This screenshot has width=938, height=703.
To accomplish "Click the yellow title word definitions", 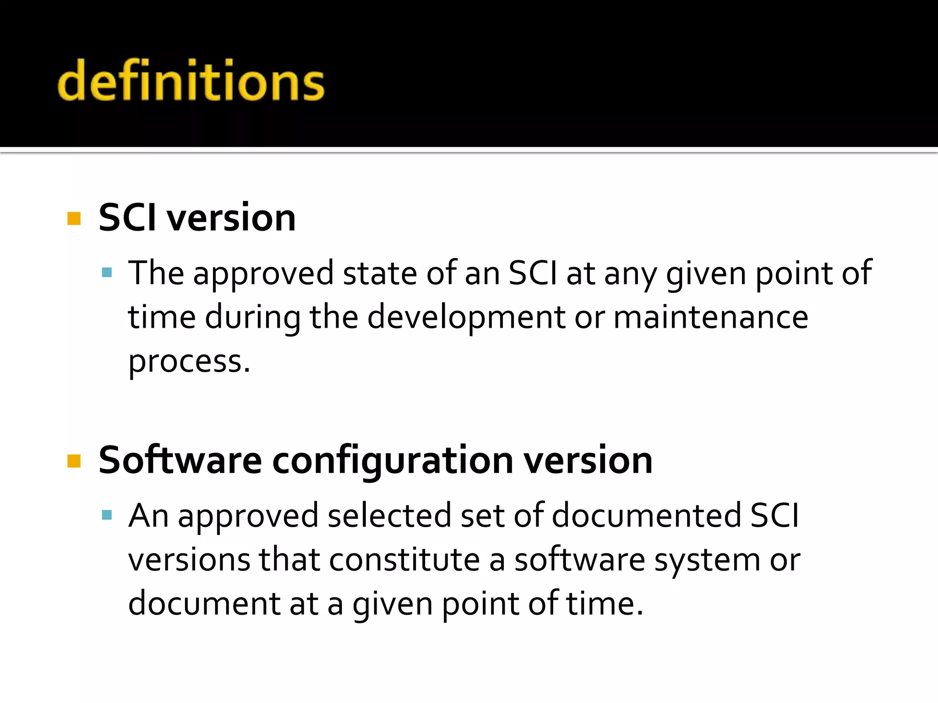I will click(191, 81).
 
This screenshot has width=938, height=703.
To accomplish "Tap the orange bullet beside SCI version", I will click(74, 219).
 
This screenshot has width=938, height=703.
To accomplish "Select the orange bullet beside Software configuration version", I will click(74, 461).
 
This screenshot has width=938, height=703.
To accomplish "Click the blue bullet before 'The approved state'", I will click(107, 273).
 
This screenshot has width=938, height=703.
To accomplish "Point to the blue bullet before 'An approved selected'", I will click(107, 516).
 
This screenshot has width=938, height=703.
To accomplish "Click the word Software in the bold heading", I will click(180, 460).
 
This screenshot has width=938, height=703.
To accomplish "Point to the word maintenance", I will click(710, 317).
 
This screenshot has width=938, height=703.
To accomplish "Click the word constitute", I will click(404, 559).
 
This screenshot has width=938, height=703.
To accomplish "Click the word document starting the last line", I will click(204, 603).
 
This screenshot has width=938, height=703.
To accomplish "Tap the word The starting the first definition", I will click(156, 273).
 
